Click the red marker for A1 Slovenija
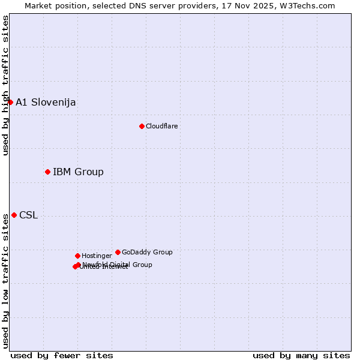tap(10, 102)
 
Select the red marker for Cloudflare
tap(142, 126)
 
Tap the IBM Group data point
tap(47, 172)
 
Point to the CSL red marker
tap(14, 215)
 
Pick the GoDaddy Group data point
tap(118, 252)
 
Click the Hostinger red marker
tap(77, 256)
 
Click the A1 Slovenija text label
tap(46, 102)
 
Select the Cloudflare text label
tap(161, 126)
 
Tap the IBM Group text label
tap(78, 172)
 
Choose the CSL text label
tap(28, 215)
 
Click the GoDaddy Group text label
tap(147, 252)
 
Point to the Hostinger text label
tap(97, 256)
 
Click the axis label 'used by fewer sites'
tap(62, 355)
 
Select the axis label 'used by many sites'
tap(301, 355)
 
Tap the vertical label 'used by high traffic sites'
tap(5, 85)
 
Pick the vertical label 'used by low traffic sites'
tap(5, 281)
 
